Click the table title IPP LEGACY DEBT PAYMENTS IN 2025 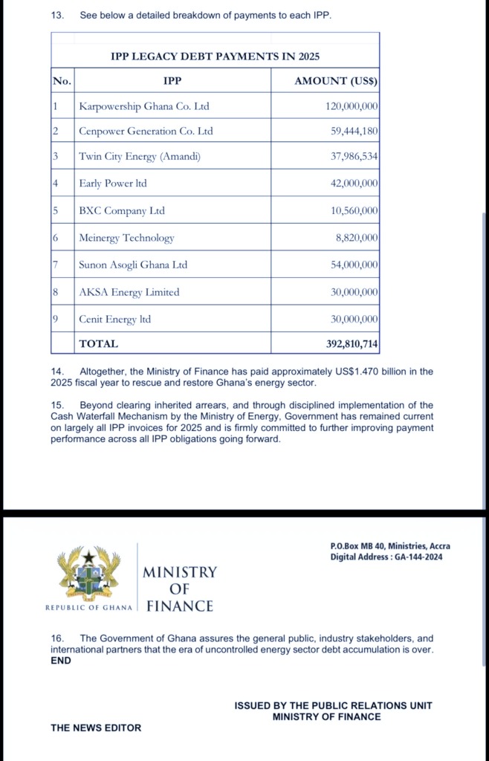point(215,56)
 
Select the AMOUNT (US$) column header point(336,81)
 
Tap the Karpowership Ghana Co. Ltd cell point(144,106)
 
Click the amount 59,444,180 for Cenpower point(354,132)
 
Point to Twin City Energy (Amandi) point(140,156)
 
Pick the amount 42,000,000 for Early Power point(354,184)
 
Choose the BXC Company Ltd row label point(122,211)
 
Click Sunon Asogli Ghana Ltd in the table point(133,265)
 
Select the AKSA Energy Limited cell point(129,292)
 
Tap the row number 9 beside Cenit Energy point(56,319)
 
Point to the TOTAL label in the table point(98,344)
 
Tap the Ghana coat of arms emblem point(89,573)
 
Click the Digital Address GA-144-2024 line point(386,557)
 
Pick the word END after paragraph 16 point(61,661)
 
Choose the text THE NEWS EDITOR point(96,728)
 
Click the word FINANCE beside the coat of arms point(180,606)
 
